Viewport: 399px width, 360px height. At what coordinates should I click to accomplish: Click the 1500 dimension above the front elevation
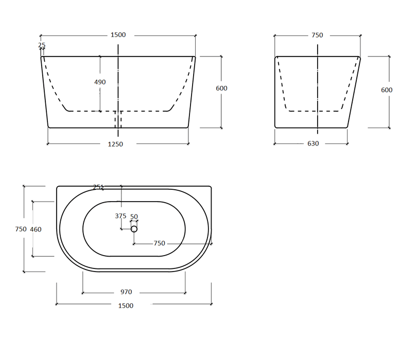pyautogui.click(x=118, y=35)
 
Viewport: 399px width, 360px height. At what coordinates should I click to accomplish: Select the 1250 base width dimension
pyautogui.click(x=115, y=145)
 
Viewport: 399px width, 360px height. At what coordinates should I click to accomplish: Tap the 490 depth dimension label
pyautogui.click(x=100, y=82)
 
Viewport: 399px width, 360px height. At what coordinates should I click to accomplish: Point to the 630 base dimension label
pyautogui.click(x=313, y=143)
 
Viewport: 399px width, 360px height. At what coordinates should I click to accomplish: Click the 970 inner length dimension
pyautogui.click(x=126, y=292)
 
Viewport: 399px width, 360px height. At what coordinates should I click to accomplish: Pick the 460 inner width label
pyautogui.click(x=36, y=229)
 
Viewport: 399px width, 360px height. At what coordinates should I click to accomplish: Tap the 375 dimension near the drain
pyautogui.click(x=120, y=216)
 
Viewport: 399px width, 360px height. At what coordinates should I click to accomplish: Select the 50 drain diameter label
pyautogui.click(x=134, y=217)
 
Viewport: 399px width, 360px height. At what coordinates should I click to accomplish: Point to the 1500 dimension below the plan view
pyautogui.click(x=126, y=305)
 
